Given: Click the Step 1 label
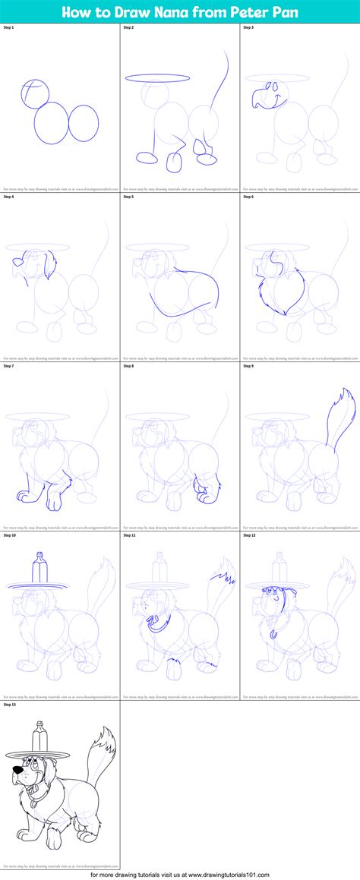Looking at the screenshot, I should coord(9,27).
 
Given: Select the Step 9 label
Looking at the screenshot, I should coord(249,366).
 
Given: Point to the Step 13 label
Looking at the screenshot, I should coord(11,705).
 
